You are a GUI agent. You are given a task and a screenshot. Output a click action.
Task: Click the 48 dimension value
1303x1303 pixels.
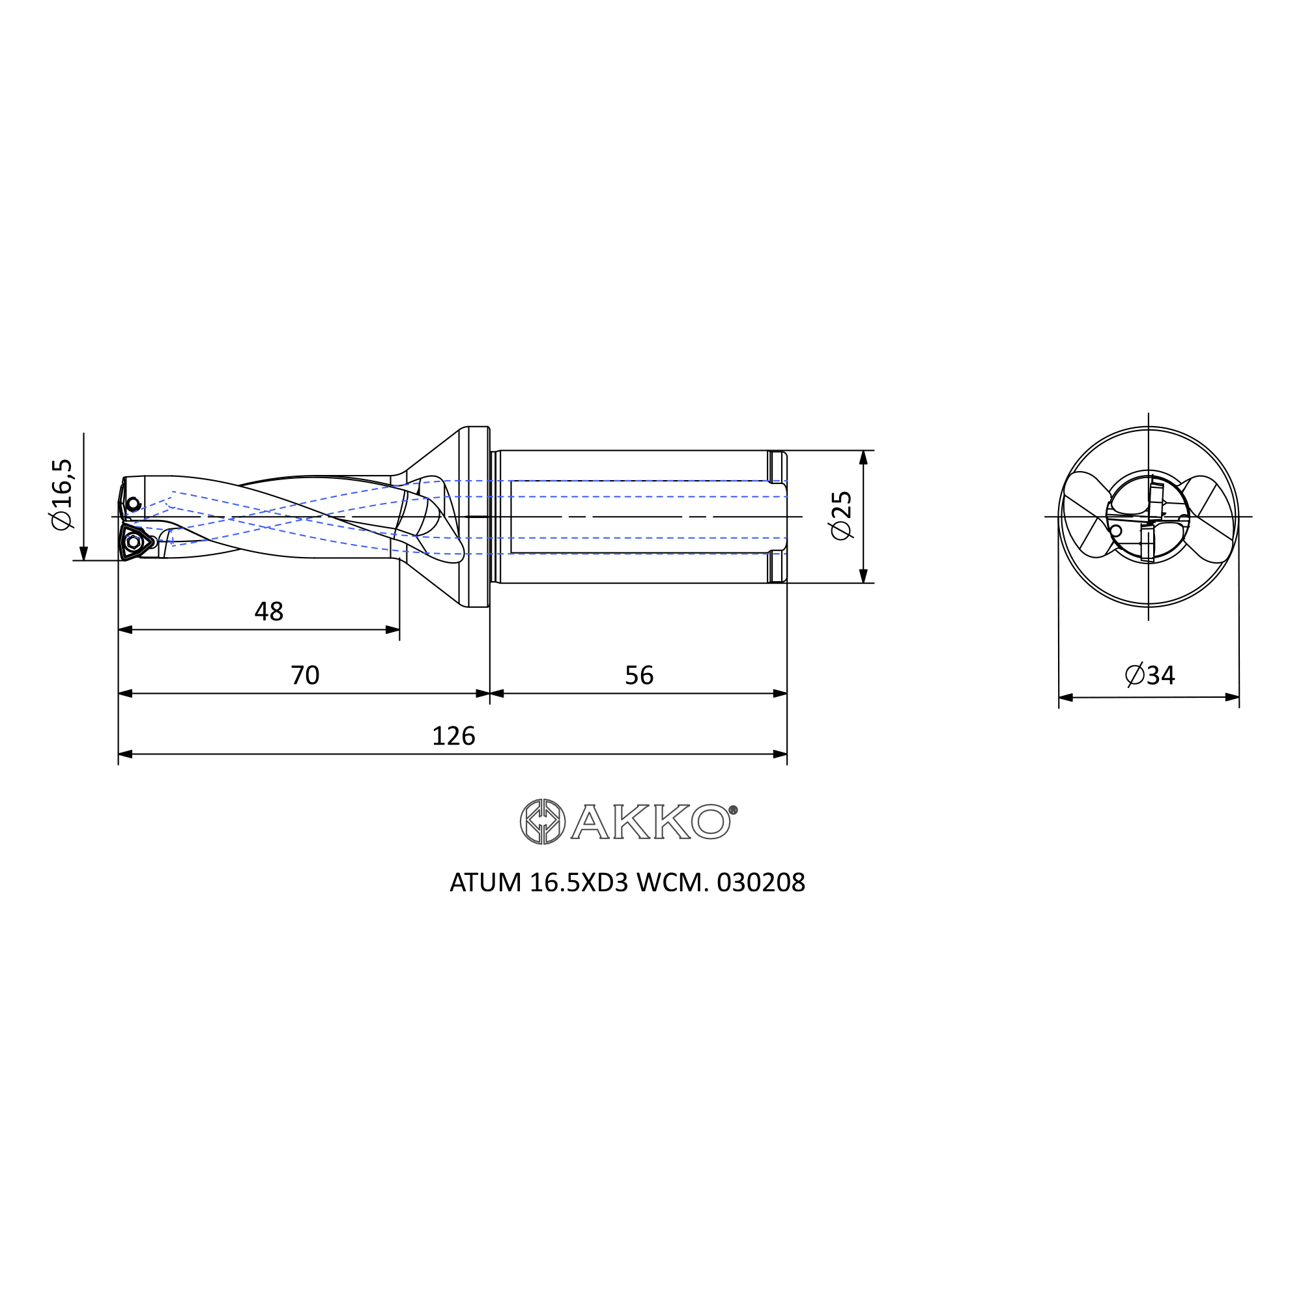268,612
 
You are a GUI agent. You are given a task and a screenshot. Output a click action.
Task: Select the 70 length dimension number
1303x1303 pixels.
305,675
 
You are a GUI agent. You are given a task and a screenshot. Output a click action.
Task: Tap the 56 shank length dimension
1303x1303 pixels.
639,675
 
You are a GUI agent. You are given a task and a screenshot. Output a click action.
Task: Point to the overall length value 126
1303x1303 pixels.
453,736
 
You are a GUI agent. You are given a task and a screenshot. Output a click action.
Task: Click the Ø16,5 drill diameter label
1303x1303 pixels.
61,494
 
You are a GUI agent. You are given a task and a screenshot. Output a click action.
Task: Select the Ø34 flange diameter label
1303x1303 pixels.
1151,675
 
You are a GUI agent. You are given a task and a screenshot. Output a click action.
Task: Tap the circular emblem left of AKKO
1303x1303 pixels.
543,822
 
